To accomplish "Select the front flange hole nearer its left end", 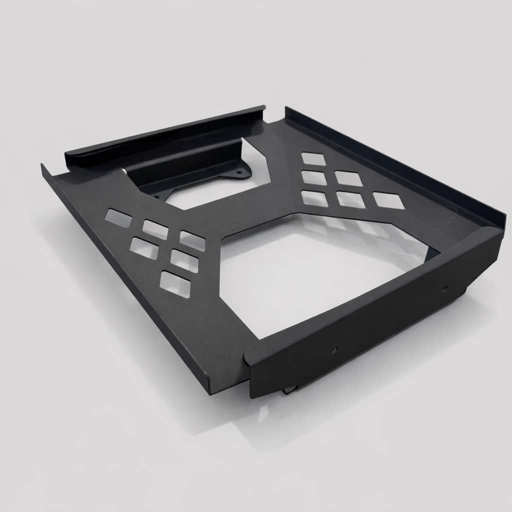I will point(334,349).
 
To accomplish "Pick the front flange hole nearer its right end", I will point(444,289).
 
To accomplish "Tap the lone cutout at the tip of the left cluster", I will point(175,284).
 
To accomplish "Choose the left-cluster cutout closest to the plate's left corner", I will point(118,218).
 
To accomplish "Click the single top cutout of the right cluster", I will point(313,158).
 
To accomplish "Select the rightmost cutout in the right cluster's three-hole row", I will point(388,200).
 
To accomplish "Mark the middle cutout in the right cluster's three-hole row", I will point(350,199).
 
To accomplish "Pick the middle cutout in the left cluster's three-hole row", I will point(155,229).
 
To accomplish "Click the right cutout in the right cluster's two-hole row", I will point(348,178).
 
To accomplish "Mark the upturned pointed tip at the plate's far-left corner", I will point(44,168).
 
